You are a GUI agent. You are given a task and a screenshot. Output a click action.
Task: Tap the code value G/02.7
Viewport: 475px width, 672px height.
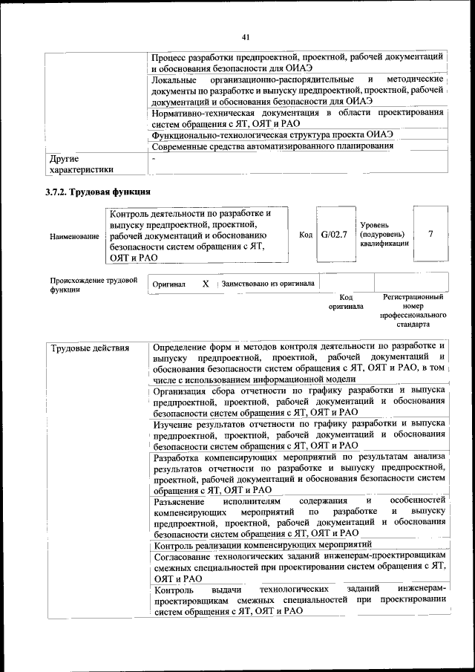(x=334, y=235)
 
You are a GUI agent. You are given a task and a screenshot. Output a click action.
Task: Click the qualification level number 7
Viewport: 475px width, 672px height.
(x=430, y=235)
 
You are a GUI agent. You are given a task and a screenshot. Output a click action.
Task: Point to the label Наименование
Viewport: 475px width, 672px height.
(x=74, y=236)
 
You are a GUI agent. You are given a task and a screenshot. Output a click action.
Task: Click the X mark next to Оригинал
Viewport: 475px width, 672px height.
(x=206, y=284)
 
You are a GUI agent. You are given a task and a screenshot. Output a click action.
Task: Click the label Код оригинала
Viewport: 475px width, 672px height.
(x=346, y=301)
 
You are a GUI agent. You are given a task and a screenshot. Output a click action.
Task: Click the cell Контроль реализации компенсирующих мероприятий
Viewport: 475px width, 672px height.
(x=252, y=547)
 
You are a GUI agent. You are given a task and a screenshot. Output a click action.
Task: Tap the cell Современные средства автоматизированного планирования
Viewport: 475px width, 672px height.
(x=272, y=146)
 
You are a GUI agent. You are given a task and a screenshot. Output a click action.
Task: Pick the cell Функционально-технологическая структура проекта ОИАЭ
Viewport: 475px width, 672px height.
(x=272, y=134)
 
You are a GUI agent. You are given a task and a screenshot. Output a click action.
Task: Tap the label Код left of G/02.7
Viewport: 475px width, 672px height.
(x=305, y=235)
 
